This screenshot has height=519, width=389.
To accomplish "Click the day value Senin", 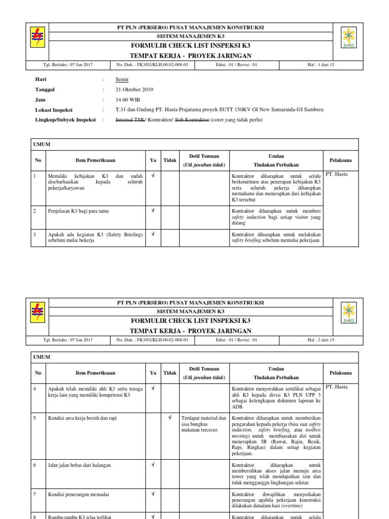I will [122, 80].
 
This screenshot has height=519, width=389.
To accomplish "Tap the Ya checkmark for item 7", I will [153, 493].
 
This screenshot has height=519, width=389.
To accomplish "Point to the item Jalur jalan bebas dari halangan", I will [80, 465].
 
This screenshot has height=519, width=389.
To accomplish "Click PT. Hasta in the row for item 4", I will [336, 387].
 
